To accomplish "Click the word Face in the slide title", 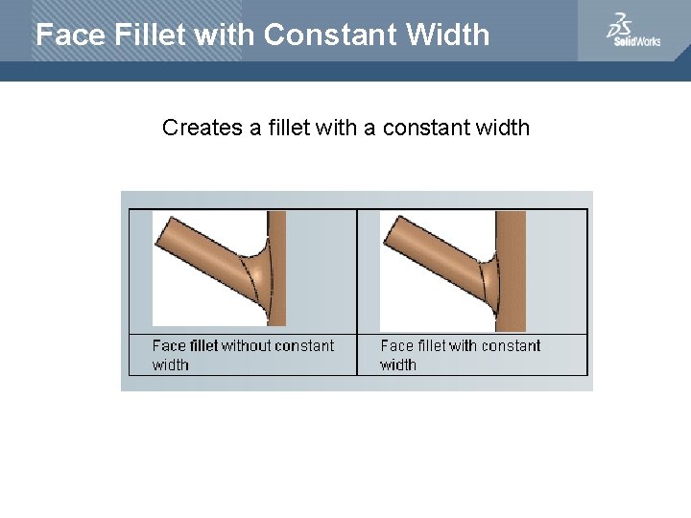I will [70, 35].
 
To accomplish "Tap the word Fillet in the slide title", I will [149, 35].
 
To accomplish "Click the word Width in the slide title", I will [447, 35].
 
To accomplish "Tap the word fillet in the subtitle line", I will [278, 128].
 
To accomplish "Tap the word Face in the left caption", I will [167, 345].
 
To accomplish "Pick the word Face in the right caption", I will [395, 345].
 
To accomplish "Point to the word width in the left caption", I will [170, 365].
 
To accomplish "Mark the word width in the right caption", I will [398, 365].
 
